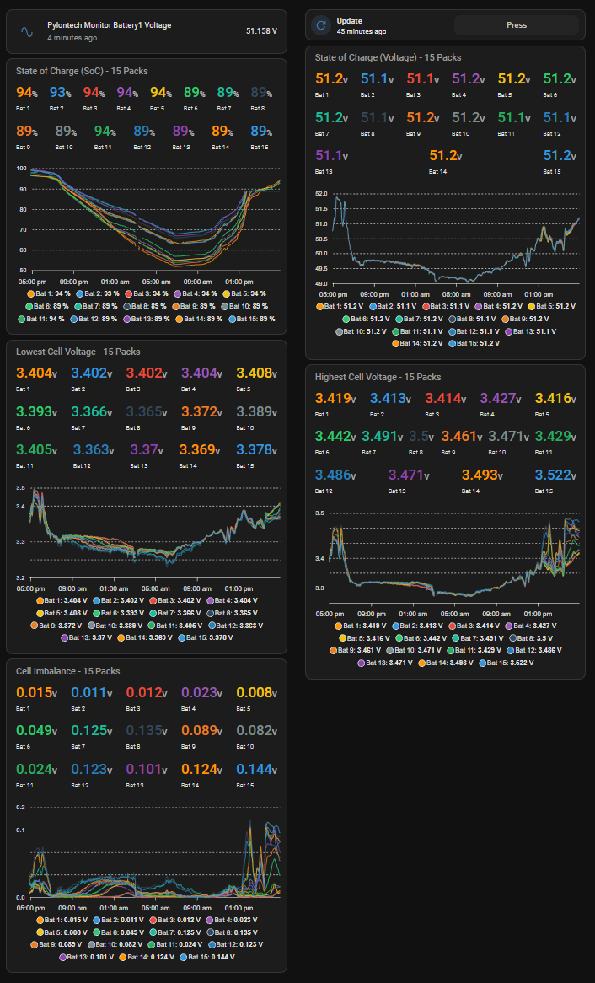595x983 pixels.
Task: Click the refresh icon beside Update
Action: point(320,25)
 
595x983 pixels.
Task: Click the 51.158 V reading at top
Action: point(261,31)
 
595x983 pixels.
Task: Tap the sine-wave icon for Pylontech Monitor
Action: point(26,31)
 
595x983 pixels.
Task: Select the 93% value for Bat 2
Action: point(61,93)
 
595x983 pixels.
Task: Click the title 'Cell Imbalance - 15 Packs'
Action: point(67,671)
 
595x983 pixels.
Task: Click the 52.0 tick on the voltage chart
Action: point(320,194)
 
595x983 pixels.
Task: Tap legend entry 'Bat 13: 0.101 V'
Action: point(87,957)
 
